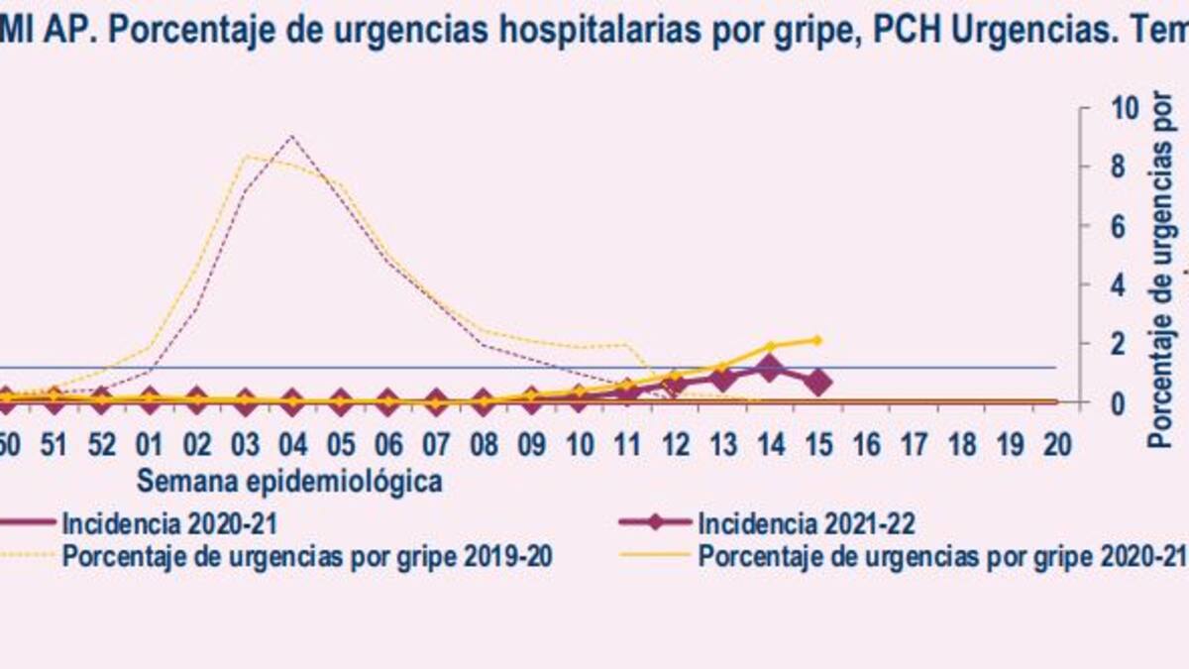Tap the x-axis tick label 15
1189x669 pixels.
click(817, 444)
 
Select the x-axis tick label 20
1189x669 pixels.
click(1056, 444)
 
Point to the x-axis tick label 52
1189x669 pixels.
click(101, 444)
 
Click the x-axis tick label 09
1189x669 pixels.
click(531, 444)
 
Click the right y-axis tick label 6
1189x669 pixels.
click(1116, 226)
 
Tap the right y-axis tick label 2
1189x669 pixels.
click(1116, 344)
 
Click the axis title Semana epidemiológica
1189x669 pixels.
click(288, 482)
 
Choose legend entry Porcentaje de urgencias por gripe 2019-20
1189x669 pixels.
click(307, 556)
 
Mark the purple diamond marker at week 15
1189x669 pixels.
click(817, 382)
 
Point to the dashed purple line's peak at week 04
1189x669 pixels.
click(291, 136)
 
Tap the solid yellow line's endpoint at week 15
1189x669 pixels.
click(817, 340)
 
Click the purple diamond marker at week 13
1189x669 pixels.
click(722, 379)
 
